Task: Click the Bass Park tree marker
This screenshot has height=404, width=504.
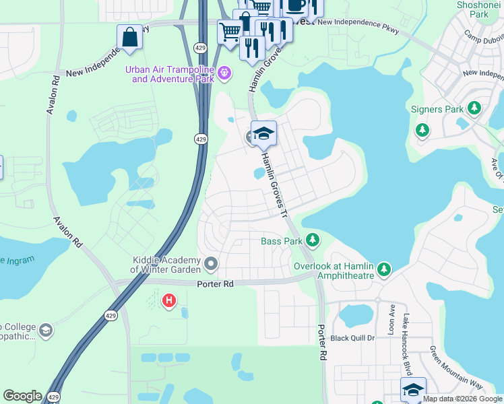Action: click(312, 240)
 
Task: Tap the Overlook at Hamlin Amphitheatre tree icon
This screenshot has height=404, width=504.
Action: click(384, 270)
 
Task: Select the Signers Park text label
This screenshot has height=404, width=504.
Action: click(437, 109)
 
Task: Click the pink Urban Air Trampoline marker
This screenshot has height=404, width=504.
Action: click(225, 71)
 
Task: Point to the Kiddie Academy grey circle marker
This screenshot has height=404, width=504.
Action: click(212, 264)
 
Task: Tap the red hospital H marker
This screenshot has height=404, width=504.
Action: click(169, 300)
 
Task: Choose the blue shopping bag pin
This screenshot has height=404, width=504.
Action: click(129, 38)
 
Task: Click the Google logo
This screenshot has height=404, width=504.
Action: click(22, 396)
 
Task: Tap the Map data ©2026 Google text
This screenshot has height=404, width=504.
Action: click(462, 399)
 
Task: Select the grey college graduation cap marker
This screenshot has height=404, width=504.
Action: click(45, 330)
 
